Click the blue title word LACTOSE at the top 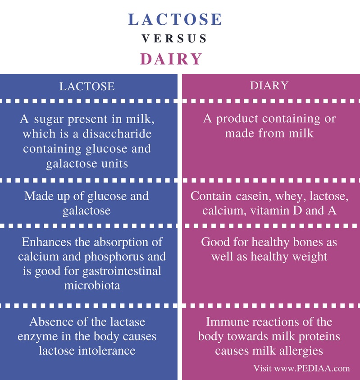click(x=175, y=19)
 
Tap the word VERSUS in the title click(x=174, y=38)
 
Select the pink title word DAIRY click(x=171, y=59)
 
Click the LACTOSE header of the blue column click(x=87, y=86)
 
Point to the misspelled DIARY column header click(x=269, y=85)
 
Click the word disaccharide click(x=117, y=133)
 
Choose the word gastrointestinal click(x=122, y=271)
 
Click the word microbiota click(x=92, y=285)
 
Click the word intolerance click(x=106, y=350)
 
